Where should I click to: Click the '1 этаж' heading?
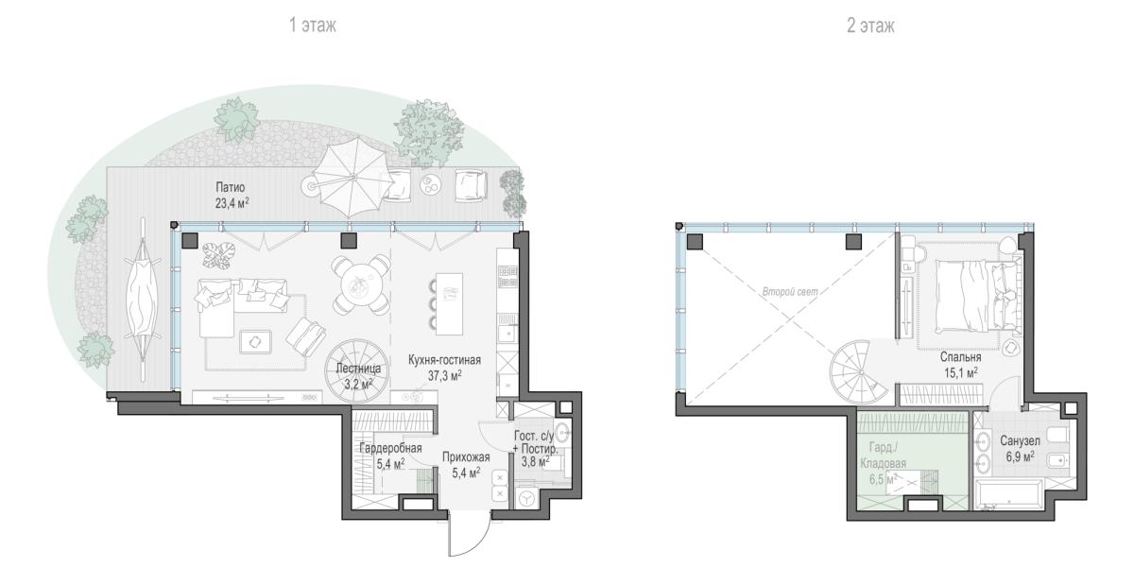click(313, 25)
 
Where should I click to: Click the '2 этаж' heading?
click(870, 26)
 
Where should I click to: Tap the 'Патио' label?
click(231, 187)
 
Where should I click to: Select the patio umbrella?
click(352, 178)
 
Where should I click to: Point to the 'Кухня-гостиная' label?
click(444, 360)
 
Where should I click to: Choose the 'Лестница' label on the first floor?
click(358, 369)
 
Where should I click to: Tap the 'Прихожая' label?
click(466, 457)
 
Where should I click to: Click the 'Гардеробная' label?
click(390, 448)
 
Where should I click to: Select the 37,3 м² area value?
click(444, 376)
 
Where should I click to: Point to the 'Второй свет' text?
click(790, 292)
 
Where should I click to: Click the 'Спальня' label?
click(960, 357)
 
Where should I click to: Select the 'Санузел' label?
click(1020, 441)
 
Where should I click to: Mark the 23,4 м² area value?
click(232, 203)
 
